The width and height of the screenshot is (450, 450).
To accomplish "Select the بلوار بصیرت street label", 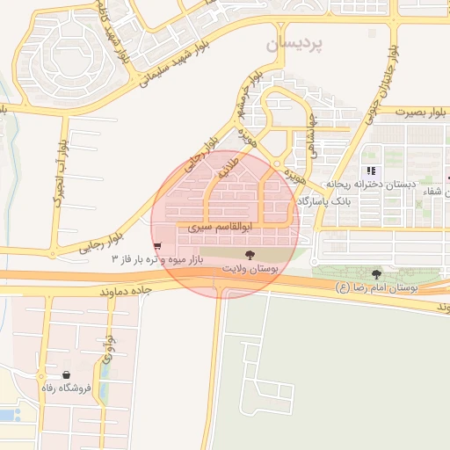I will [x=421, y=112].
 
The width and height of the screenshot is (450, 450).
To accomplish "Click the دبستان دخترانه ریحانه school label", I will [x=365, y=185].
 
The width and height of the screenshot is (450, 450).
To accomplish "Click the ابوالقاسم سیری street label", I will [x=216, y=226].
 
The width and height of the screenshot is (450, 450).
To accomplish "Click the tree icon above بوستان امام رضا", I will [x=377, y=274].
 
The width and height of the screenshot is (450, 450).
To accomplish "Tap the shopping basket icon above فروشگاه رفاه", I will [x=67, y=374].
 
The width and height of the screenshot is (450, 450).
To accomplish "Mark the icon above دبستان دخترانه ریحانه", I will [x=371, y=171].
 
